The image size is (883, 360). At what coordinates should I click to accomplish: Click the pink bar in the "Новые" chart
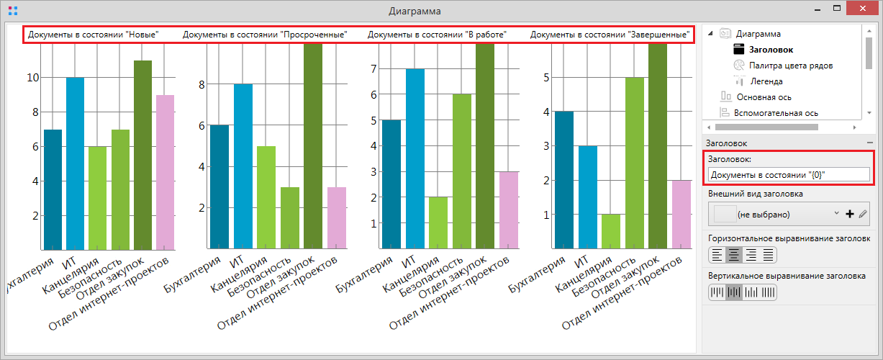(x=166, y=172)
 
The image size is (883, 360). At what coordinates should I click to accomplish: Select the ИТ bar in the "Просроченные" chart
(x=243, y=166)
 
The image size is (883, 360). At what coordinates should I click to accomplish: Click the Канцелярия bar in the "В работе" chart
(x=438, y=222)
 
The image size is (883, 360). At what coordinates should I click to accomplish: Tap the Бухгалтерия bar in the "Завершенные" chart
(x=564, y=180)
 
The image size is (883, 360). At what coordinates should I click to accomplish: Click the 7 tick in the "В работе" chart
(x=373, y=69)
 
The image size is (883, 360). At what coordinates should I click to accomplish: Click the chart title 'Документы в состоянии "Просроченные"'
(x=265, y=35)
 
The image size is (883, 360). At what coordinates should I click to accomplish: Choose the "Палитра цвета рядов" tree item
(x=791, y=66)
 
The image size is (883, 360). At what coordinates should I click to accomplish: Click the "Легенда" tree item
(x=766, y=81)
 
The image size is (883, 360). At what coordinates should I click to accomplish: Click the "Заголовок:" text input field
(x=789, y=174)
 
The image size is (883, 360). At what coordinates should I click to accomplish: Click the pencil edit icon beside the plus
(x=863, y=214)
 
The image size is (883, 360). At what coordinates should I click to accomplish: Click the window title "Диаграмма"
(x=415, y=11)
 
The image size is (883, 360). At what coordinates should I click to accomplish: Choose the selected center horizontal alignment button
(x=734, y=254)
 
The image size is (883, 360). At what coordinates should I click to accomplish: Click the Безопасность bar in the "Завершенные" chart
(x=633, y=163)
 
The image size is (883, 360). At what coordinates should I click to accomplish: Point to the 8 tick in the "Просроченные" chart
(x=202, y=84)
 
